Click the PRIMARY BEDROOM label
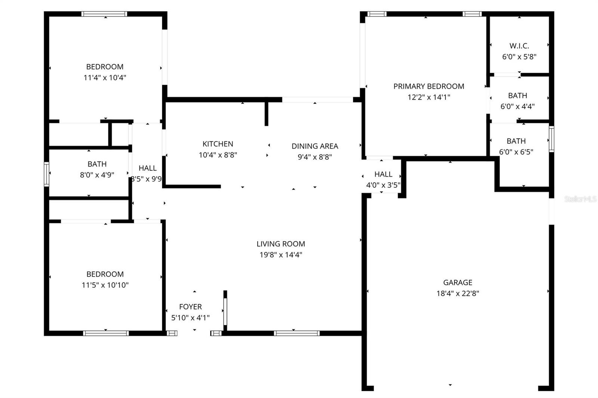429,86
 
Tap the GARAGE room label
457,283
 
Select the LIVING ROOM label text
281,244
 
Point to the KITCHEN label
218,144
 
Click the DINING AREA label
315,146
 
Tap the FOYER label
190,307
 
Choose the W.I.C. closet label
519,46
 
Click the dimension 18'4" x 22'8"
457,293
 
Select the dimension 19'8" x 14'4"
281,255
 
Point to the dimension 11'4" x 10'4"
105,78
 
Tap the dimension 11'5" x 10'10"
105,285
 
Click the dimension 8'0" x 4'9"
97,175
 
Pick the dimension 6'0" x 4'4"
517,107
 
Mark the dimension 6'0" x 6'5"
516,152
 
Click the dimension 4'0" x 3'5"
383,185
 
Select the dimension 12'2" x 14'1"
429,97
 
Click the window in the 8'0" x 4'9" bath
46,174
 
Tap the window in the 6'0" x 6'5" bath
551,139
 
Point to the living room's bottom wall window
297,333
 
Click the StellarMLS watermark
580,199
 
